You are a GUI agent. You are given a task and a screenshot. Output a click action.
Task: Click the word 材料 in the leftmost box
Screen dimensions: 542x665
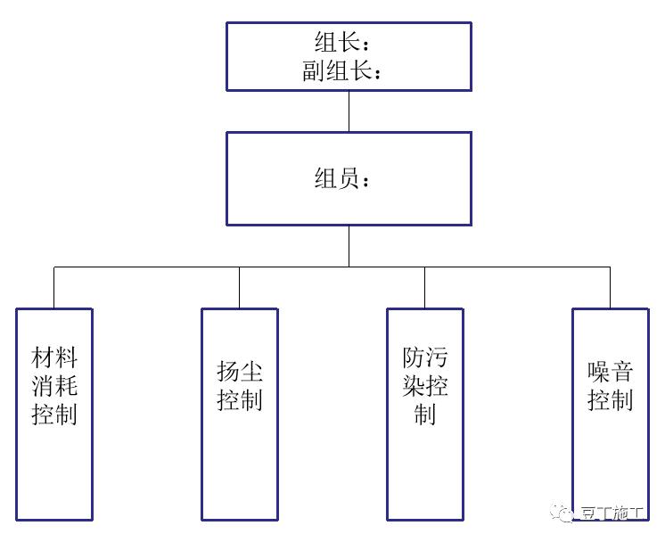54,359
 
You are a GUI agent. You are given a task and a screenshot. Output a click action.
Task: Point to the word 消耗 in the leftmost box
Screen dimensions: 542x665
54,387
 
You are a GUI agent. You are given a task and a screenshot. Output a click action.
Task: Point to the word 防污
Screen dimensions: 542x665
424,359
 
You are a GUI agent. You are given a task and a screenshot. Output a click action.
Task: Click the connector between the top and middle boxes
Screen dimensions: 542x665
349,111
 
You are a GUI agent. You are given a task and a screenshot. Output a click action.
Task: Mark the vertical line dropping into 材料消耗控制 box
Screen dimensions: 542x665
54,287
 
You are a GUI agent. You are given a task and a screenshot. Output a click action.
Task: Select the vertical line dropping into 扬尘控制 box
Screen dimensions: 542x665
239,287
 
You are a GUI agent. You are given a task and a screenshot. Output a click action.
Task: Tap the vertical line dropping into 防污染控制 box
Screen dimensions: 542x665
424,287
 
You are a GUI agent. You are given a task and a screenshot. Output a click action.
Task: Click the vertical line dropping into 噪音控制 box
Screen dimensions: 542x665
610,287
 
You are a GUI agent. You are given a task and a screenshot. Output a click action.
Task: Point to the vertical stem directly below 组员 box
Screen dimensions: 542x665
349,246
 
